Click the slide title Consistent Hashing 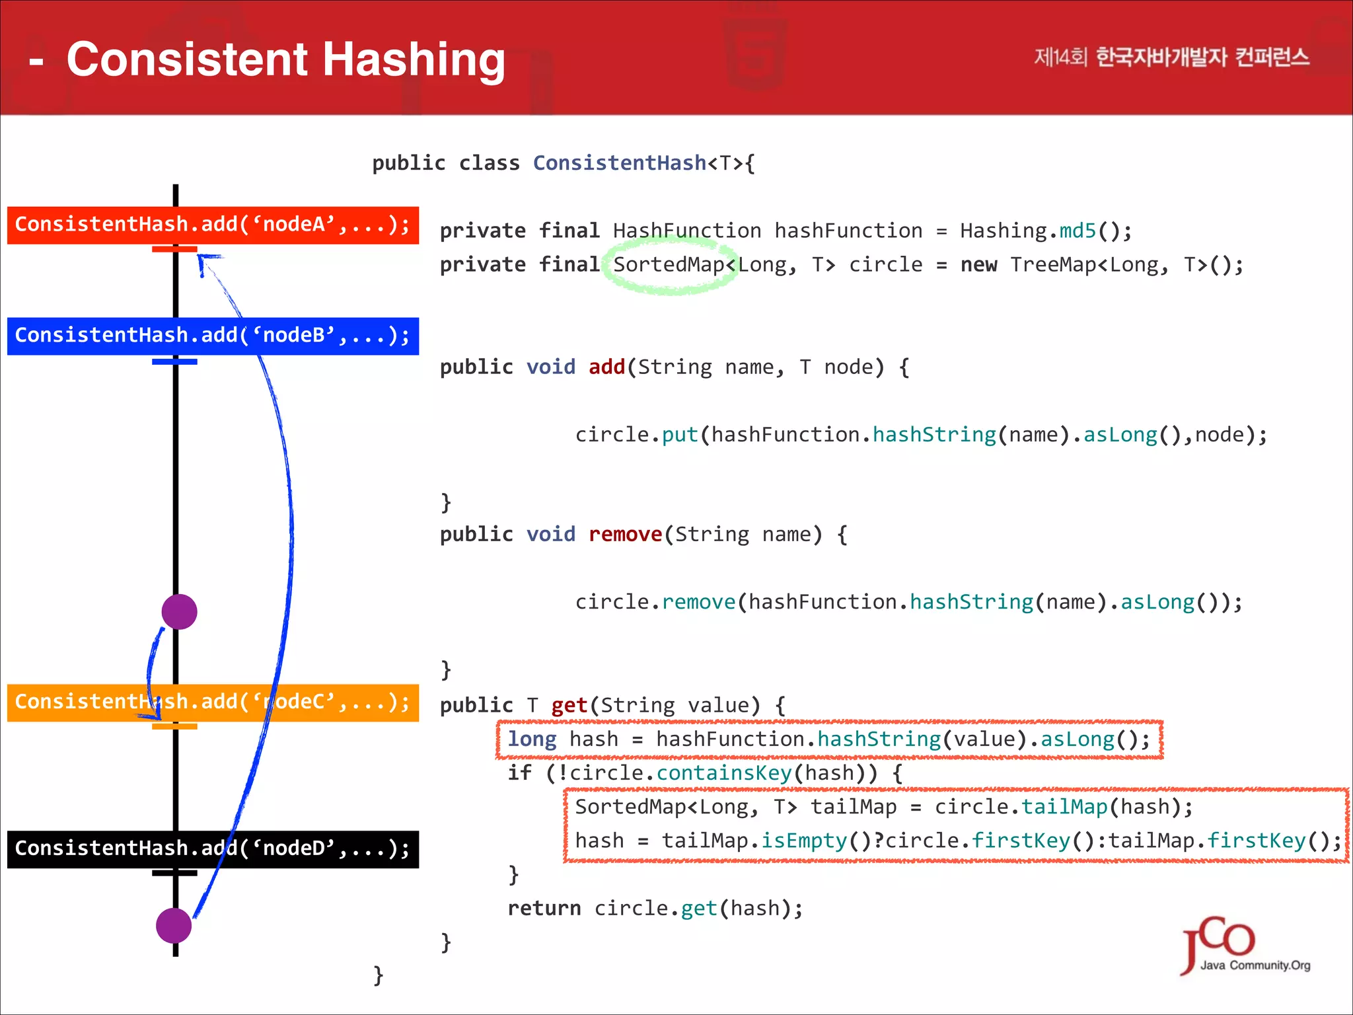[285, 59]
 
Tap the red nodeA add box [213, 225]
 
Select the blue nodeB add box [213, 336]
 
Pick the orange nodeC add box [213, 702]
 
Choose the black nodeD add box [213, 848]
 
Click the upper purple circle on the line [179, 611]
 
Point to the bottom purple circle [174, 925]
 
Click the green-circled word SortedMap [669, 265]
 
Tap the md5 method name [1078, 231]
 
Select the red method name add [606, 367]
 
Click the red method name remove [625, 534]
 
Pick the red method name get [569, 706]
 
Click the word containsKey [723, 772]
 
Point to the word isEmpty [803, 841]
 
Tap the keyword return [544, 909]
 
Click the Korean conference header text [1171, 57]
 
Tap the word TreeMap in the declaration [1052, 265]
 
